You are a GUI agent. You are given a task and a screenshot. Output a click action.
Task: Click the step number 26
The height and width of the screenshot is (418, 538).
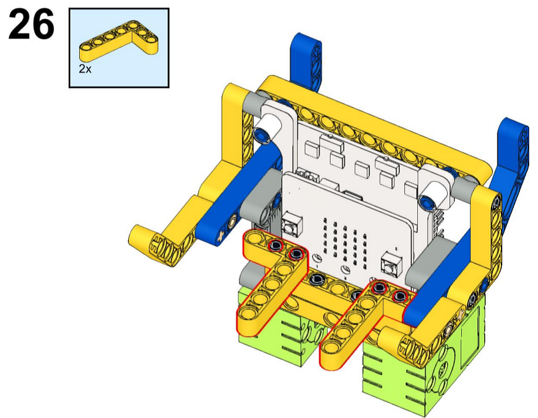coord(31,24)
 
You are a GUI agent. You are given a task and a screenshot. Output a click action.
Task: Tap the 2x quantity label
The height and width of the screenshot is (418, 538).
coord(85,69)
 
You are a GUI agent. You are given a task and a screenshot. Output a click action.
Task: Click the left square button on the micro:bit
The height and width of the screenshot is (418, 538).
coord(292,225)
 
